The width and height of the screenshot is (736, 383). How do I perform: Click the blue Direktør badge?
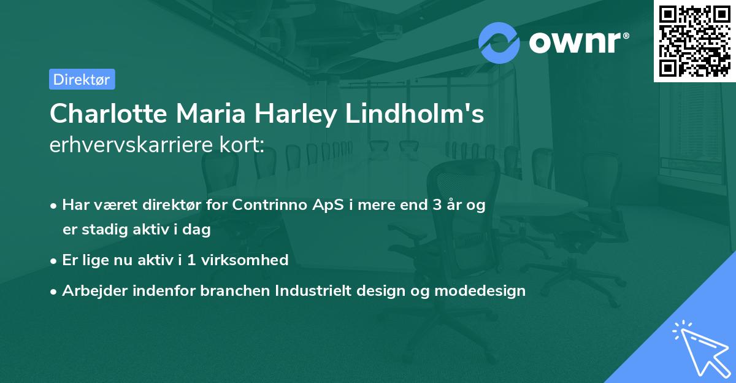(82, 79)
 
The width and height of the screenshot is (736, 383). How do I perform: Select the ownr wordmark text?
(577, 43)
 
